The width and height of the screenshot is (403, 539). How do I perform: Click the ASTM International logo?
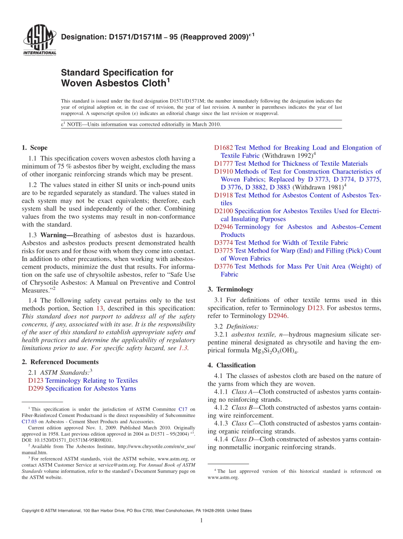(39, 40)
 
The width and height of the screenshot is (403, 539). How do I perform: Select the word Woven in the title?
(78, 83)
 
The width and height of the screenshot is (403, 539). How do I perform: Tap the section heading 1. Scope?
(34, 148)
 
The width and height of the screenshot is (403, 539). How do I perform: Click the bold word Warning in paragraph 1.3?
(56, 235)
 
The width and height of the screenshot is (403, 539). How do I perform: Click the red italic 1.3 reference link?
(182, 348)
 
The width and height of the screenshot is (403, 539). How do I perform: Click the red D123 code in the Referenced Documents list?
(36, 381)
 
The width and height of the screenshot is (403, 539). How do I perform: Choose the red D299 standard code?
(36, 389)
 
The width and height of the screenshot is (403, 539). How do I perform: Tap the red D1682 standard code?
(224, 148)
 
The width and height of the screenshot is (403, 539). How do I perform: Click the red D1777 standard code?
(224, 164)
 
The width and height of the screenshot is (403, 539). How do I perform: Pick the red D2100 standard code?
(224, 211)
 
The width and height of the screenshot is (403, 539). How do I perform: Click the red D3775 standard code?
(224, 250)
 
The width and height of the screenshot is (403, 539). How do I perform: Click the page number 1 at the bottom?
(201, 520)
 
